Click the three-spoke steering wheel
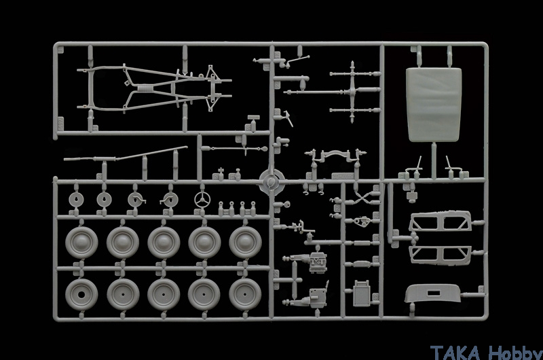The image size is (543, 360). pyautogui.click(x=202, y=200)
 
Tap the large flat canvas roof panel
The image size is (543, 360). pyautogui.click(x=434, y=105)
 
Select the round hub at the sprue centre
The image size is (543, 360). pyautogui.click(x=271, y=181)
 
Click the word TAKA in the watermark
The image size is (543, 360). pyautogui.click(x=455, y=353)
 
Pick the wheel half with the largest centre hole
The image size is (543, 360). pyautogui.click(x=81, y=295)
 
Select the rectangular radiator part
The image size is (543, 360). pyautogui.click(x=362, y=293)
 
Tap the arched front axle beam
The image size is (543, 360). pyautogui.click(x=335, y=156)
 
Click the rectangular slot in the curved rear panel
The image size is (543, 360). pyautogui.click(x=433, y=293)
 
